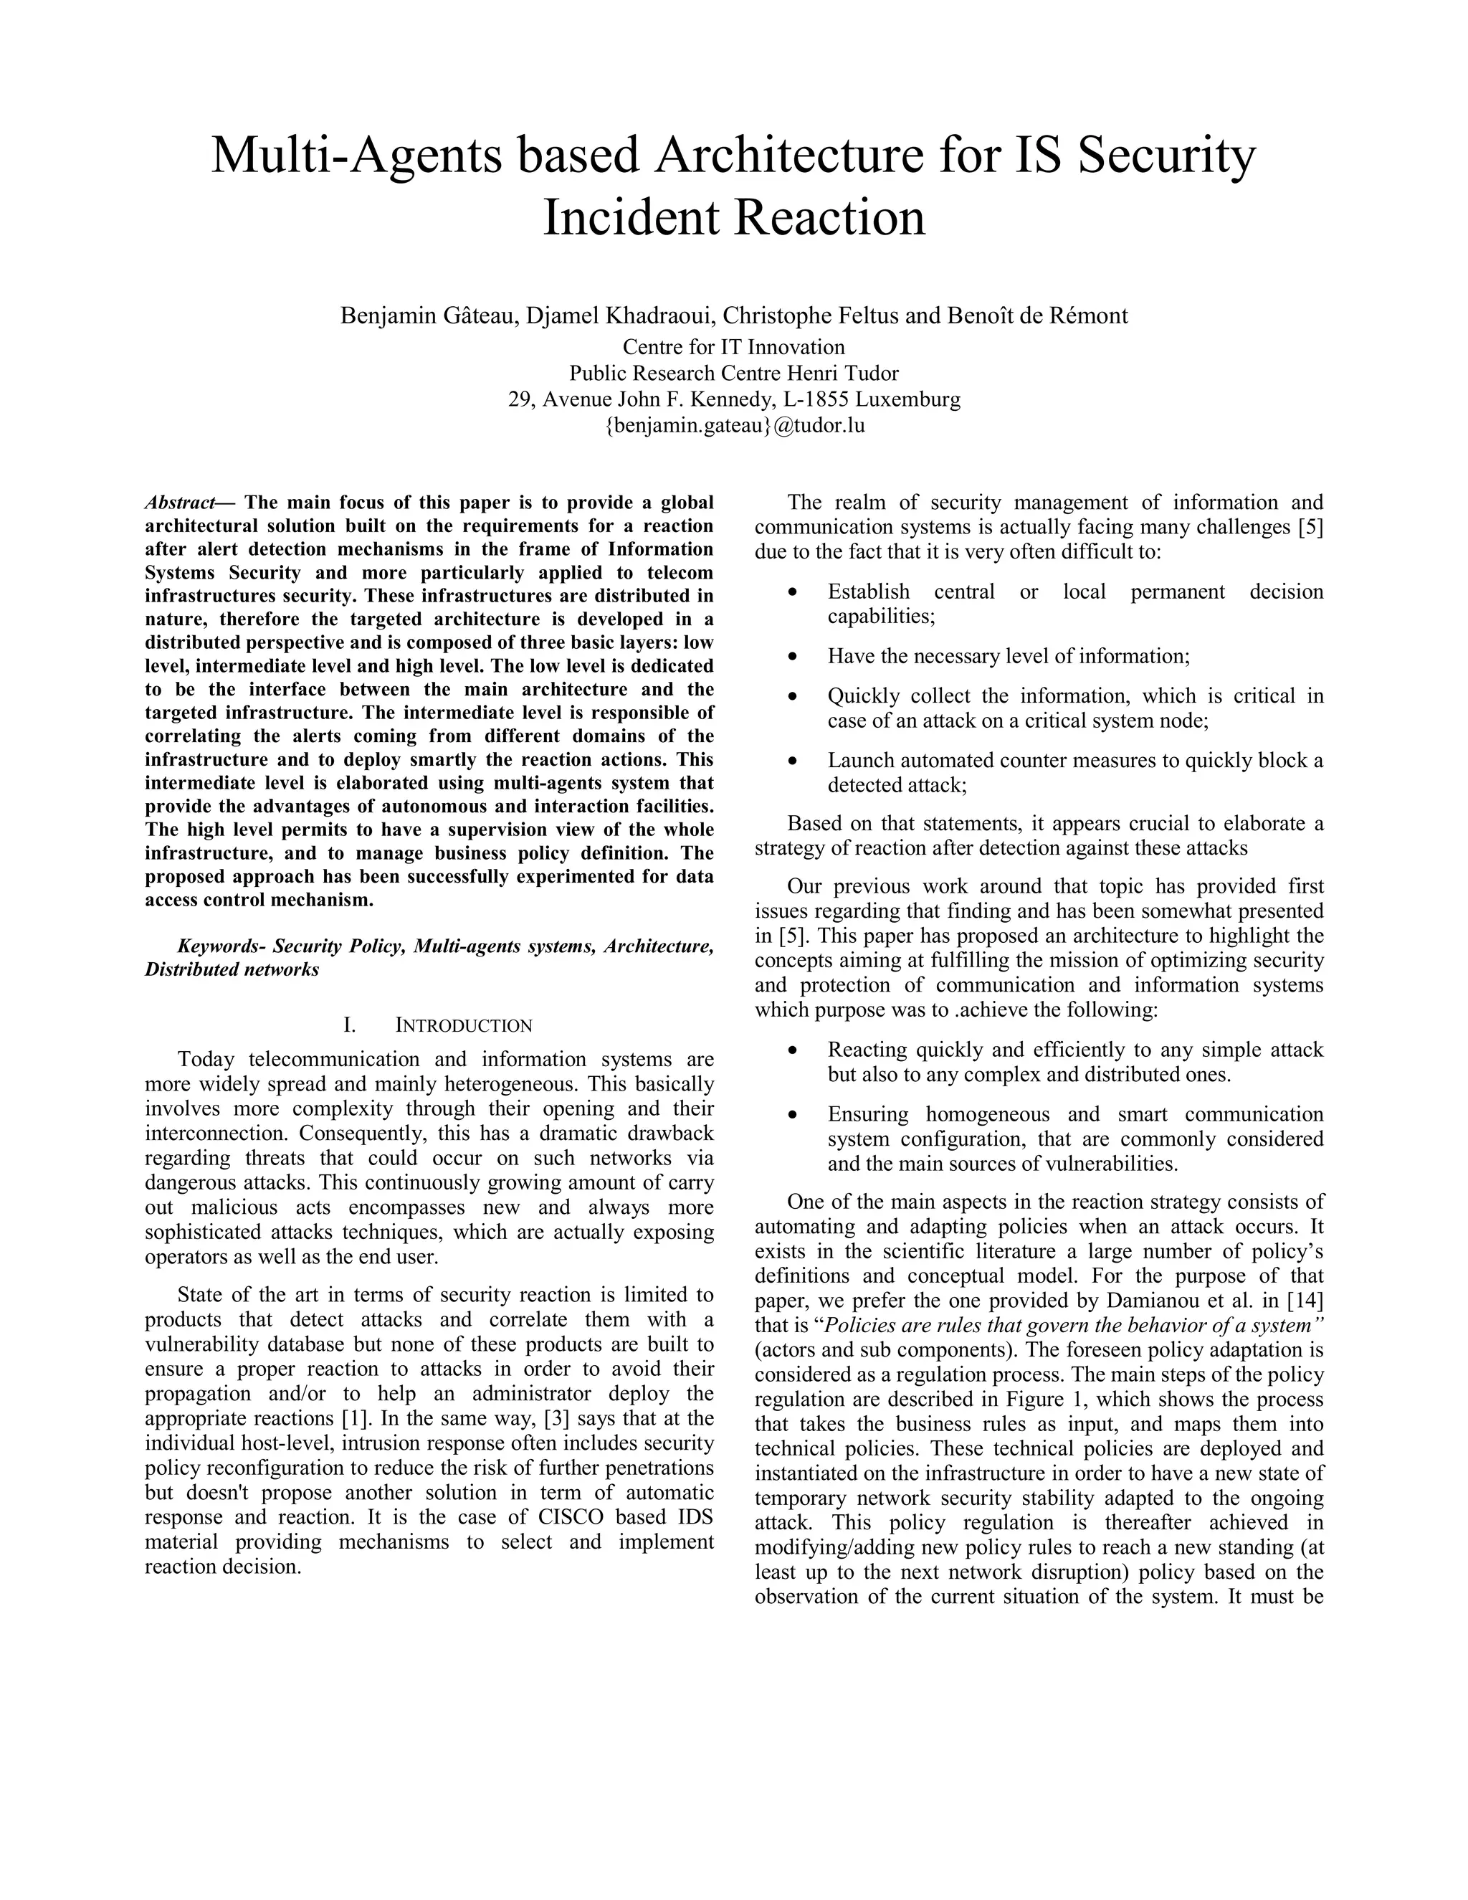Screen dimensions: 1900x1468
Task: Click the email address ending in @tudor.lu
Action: click(734, 425)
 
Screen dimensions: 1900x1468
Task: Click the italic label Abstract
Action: click(180, 503)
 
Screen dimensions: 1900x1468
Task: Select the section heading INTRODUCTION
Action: click(464, 1026)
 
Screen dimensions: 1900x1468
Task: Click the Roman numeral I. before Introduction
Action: click(350, 1026)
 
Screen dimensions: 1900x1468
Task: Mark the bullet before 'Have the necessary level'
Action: click(791, 657)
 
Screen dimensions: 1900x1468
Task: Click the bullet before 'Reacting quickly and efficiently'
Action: click(791, 1051)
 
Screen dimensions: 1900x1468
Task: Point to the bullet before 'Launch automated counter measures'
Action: click(791, 762)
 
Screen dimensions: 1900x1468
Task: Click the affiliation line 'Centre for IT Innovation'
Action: click(734, 347)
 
